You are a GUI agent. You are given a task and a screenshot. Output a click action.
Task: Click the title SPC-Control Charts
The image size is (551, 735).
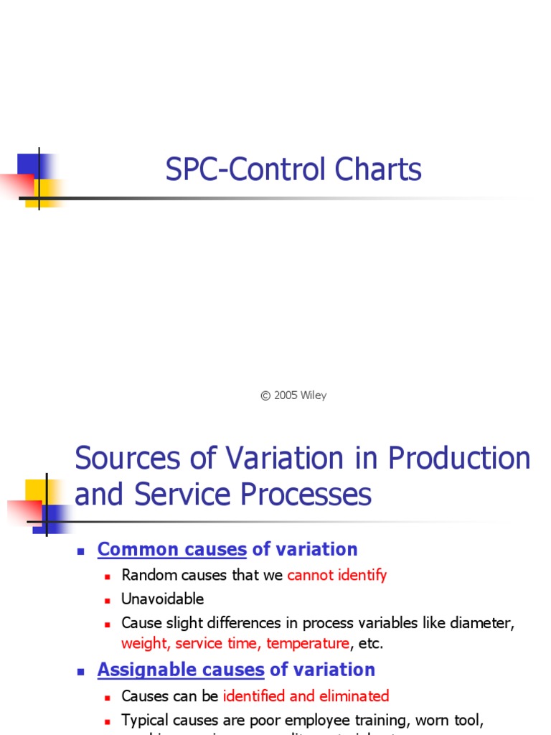[293, 170]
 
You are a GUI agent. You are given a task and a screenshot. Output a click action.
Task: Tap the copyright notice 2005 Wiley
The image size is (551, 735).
[293, 395]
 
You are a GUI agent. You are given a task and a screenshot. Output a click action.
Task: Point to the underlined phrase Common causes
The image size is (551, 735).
[172, 550]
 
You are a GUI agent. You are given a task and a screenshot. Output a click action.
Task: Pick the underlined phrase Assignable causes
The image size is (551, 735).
[181, 670]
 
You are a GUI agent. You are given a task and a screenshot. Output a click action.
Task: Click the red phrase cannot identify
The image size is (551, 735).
[336, 575]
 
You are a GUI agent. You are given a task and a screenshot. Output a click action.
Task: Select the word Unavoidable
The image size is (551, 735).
[163, 599]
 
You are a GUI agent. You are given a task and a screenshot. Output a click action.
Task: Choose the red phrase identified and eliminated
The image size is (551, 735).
[306, 696]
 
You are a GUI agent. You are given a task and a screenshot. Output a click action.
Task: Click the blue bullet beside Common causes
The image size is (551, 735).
[81, 551]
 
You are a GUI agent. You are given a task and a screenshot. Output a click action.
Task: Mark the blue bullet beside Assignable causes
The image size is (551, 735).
[81, 672]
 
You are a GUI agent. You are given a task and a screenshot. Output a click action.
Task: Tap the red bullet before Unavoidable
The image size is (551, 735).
[107, 600]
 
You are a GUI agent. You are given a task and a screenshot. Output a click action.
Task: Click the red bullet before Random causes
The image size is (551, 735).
[107, 576]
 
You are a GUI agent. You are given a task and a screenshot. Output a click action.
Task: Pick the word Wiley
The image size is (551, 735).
[314, 395]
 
